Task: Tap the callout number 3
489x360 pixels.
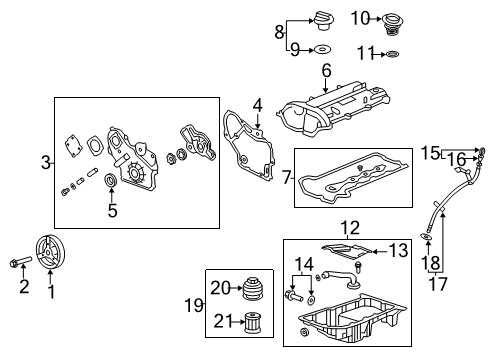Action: pos(45,162)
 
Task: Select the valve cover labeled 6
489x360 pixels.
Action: pos(330,110)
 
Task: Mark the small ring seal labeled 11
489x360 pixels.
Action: pos(393,53)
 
